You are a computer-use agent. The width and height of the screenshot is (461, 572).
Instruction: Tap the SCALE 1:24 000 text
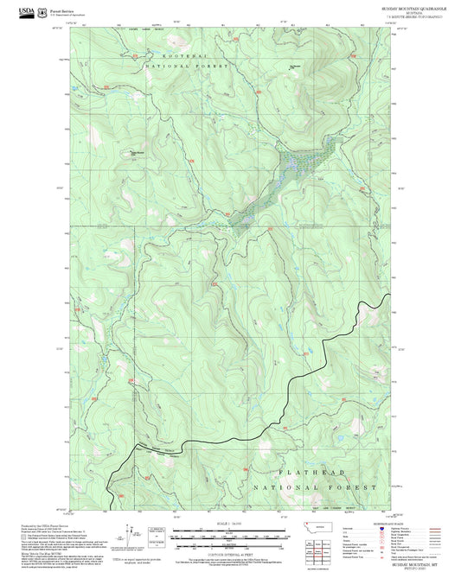[229, 524]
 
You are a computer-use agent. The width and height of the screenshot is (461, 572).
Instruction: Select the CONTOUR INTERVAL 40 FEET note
[229, 556]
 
